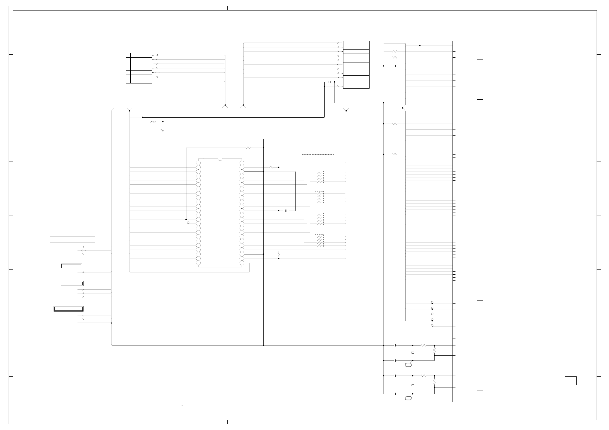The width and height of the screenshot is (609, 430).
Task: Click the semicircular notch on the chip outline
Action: (220, 160)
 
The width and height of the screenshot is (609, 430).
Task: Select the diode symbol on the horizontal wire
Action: (153, 122)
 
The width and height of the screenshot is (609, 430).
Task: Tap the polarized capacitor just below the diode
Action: (162, 131)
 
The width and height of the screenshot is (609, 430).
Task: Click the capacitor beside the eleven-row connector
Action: (330, 82)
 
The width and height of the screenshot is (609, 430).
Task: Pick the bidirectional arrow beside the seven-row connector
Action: (157, 73)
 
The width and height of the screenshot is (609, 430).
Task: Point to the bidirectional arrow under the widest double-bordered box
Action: (83, 251)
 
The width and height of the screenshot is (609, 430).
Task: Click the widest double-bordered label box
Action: (72, 239)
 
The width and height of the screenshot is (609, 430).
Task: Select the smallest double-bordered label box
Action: (71, 266)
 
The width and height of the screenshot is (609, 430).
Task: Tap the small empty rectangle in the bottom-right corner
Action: (570, 381)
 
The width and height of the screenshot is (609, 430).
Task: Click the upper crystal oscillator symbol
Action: (413, 353)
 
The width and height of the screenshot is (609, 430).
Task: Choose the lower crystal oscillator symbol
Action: (413, 385)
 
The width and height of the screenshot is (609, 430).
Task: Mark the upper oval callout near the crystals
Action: (408, 365)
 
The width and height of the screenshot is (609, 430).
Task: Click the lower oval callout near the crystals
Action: (408, 398)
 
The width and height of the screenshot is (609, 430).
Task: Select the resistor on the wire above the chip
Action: (248, 148)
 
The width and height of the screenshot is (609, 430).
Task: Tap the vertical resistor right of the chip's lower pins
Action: (279, 254)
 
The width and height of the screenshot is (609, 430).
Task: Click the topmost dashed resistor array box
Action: (319, 177)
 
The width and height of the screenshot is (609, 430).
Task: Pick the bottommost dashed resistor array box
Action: (319, 241)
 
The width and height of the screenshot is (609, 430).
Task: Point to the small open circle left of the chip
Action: (188, 223)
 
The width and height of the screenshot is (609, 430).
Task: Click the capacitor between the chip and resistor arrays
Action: (286, 211)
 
